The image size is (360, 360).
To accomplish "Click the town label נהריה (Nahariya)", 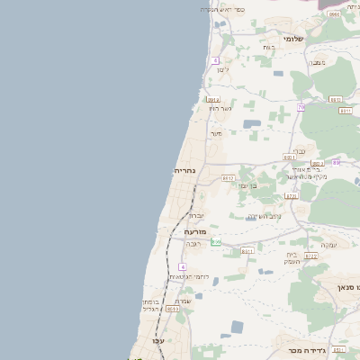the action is tap(184, 170).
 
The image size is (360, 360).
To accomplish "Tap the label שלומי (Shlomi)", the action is tap(293, 40).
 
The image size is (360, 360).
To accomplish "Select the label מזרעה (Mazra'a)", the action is tap(195, 231).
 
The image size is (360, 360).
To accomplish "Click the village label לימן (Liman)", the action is tap(223, 69).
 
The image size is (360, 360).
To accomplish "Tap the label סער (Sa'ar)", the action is tap(216, 134).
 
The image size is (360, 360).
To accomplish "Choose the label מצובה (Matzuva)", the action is tap(318, 62).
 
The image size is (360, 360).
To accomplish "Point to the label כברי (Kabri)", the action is tap(300, 151).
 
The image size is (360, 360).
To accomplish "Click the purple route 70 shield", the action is tap(301, 107).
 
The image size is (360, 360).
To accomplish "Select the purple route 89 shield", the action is tap(336, 163).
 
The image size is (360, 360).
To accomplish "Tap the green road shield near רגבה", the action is tap(216, 242).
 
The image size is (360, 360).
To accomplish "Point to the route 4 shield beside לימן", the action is tap(216, 60).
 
